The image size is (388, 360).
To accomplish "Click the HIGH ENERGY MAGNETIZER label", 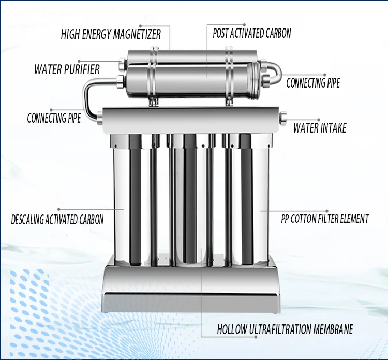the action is click(x=111, y=34).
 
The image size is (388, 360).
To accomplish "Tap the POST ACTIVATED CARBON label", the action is click(x=252, y=33).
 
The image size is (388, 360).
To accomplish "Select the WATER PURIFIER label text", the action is click(x=67, y=69).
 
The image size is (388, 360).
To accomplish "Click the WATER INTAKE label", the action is click(x=320, y=128).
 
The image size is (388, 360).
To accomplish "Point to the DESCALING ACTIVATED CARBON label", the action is click(x=57, y=220).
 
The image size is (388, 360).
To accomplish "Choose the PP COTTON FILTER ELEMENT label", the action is click(x=325, y=219).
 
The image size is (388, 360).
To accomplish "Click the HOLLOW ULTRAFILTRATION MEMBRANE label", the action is click(x=285, y=329).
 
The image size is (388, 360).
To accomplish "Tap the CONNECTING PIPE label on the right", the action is click(x=313, y=83).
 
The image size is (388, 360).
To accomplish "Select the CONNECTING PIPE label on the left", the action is click(x=54, y=118).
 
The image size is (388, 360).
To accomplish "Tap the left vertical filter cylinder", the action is click(x=135, y=200).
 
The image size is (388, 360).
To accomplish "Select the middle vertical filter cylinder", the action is click(x=190, y=200).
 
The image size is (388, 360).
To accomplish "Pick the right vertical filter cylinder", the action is click(x=246, y=200).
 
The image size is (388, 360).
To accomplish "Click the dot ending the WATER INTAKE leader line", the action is click(x=319, y=120).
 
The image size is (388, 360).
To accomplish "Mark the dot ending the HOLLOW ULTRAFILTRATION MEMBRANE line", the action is click(x=256, y=337).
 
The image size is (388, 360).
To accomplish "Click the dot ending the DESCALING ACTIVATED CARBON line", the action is click(x=59, y=209).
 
